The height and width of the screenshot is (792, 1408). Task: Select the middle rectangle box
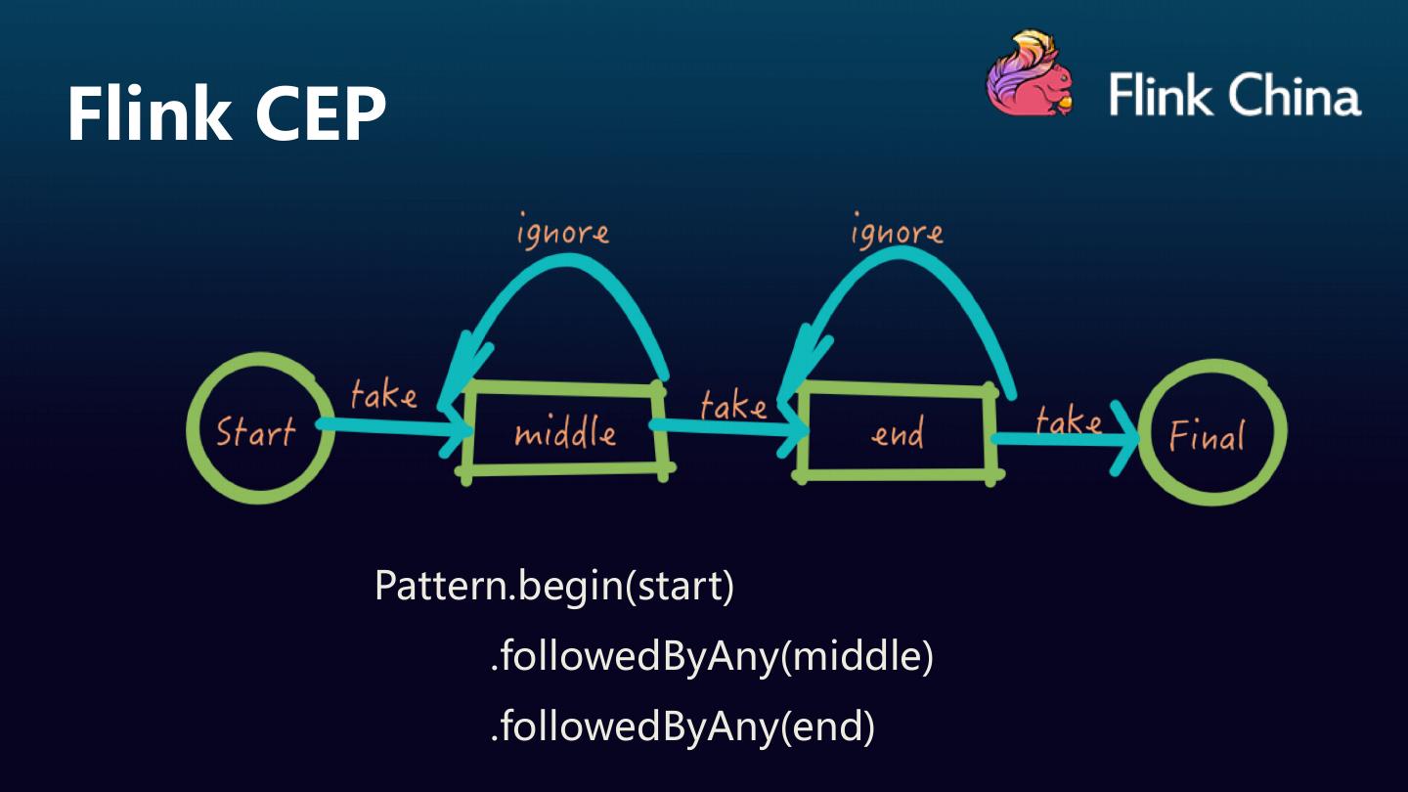pyautogui.click(x=565, y=431)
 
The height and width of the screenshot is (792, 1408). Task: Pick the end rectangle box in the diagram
pyautogui.click(x=896, y=431)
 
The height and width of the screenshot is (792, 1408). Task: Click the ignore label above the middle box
pyautogui.click(x=562, y=233)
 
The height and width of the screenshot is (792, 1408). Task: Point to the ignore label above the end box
pyautogui.click(x=897, y=233)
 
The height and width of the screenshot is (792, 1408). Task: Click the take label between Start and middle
pyautogui.click(x=383, y=394)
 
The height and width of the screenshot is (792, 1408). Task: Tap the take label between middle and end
pyautogui.click(x=733, y=404)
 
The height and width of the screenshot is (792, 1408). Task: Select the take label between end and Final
pyautogui.click(x=1068, y=420)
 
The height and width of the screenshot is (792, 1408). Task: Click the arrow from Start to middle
pyautogui.click(x=391, y=426)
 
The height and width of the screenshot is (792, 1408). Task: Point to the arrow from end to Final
pyautogui.click(x=1066, y=439)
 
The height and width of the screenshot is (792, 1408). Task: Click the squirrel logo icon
pyautogui.click(x=1029, y=75)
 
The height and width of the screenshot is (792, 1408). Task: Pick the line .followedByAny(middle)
pyautogui.click(x=711, y=656)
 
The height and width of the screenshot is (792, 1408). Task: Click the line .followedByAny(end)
pyautogui.click(x=682, y=726)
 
